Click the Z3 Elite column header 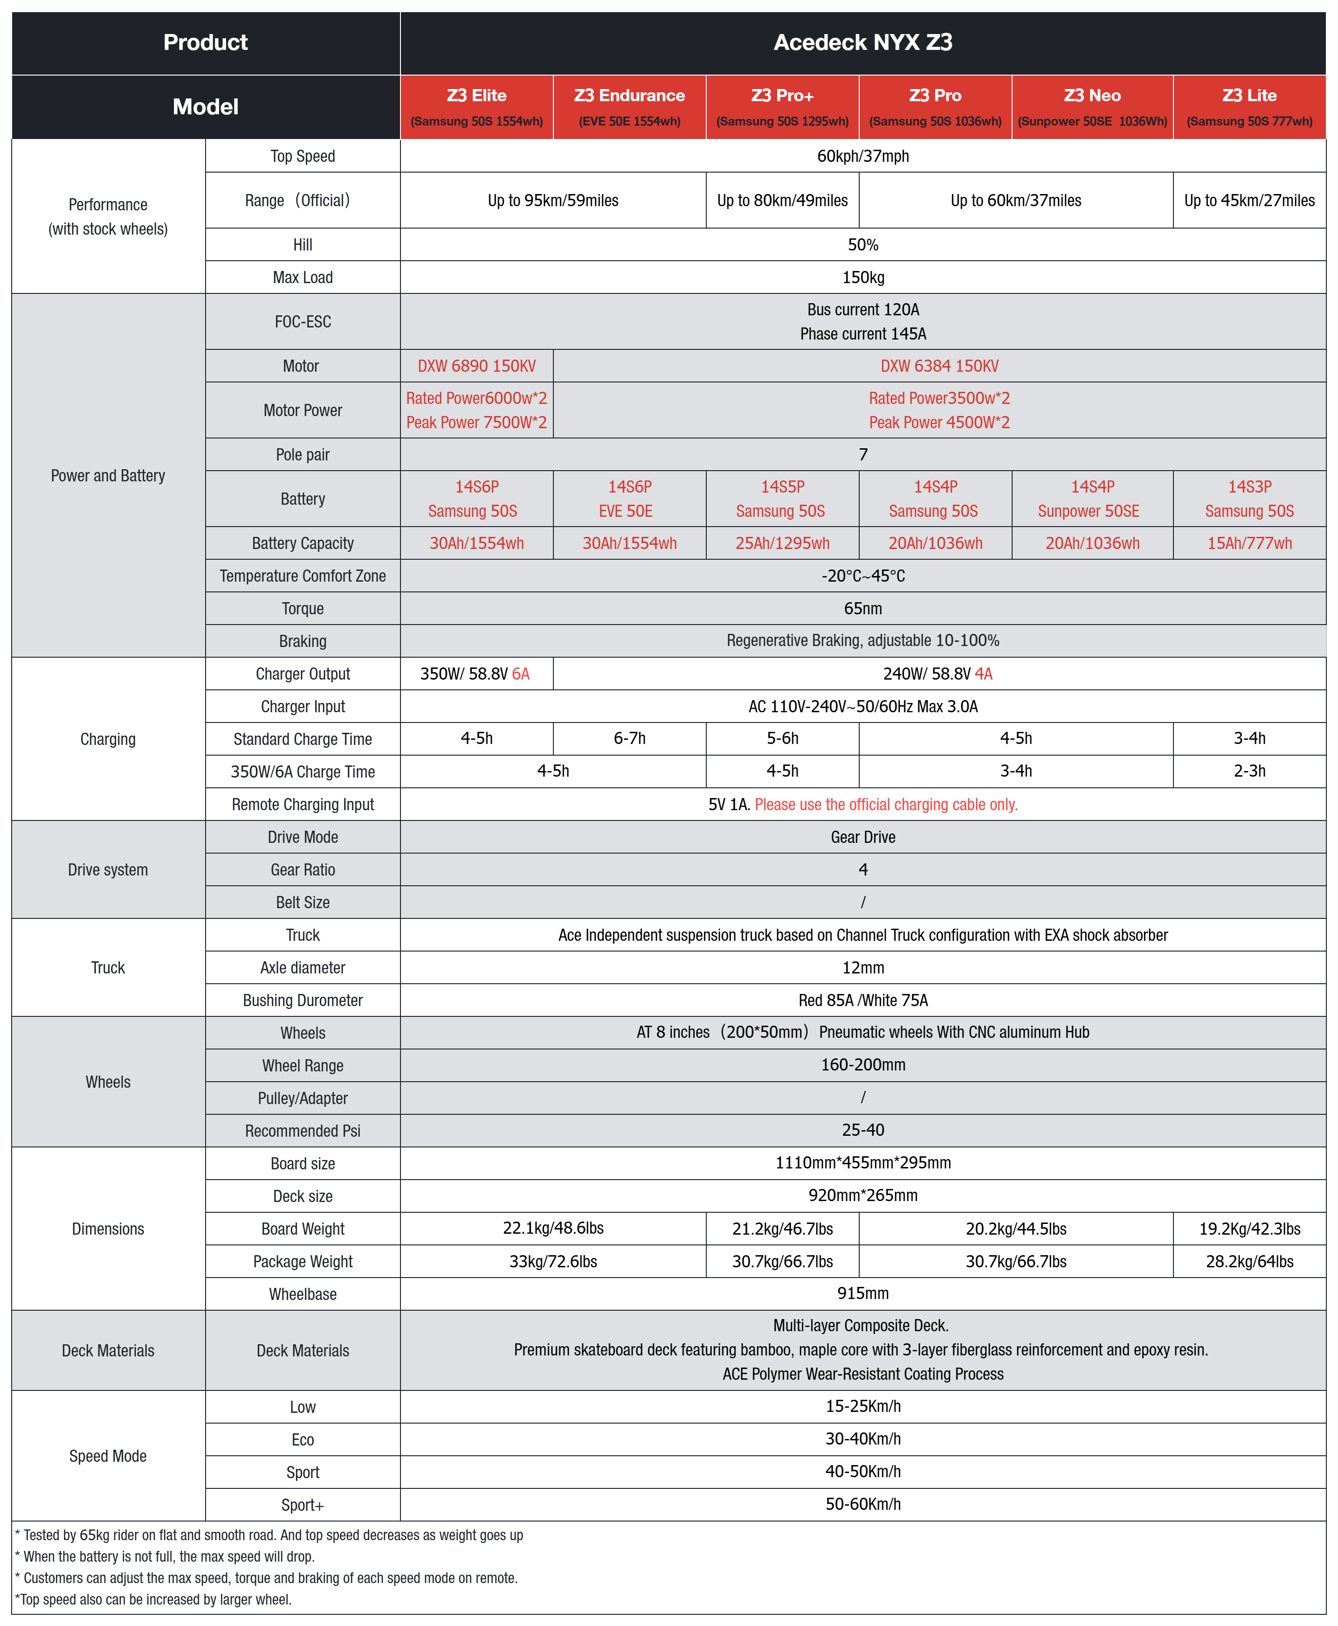click(476, 106)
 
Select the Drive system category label click(108, 869)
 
